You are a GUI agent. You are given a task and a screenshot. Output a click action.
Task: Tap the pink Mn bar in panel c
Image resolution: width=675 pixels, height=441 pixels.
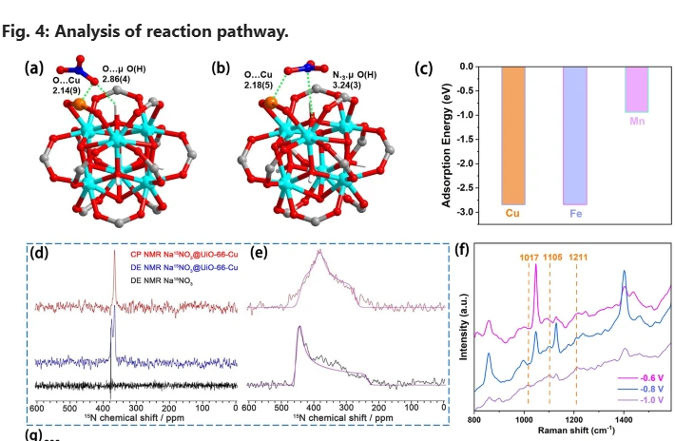636,89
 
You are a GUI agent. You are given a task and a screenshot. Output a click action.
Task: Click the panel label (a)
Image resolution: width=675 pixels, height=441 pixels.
35,67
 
